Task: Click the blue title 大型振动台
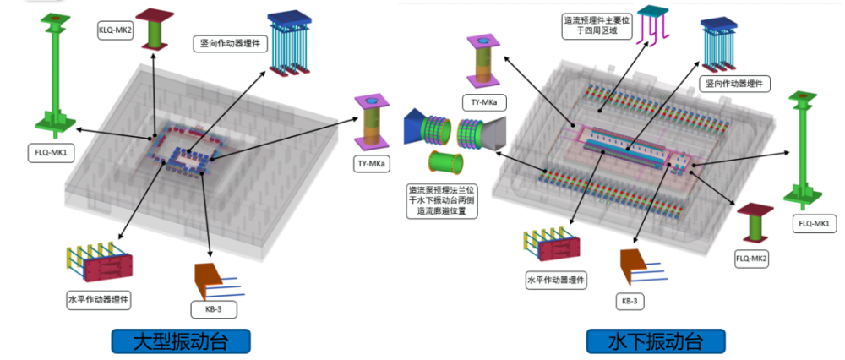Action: pyautogui.click(x=182, y=341)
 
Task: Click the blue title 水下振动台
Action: pyautogui.click(x=656, y=341)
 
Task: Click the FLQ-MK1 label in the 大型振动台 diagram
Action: pyautogui.click(x=50, y=153)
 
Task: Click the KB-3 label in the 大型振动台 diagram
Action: pyautogui.click(x=215, y=309)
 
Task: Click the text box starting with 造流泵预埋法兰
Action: pyautogui.click(x=441, y=201)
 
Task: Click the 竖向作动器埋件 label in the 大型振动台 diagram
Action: pyautogui.click(x=230, y=44)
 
